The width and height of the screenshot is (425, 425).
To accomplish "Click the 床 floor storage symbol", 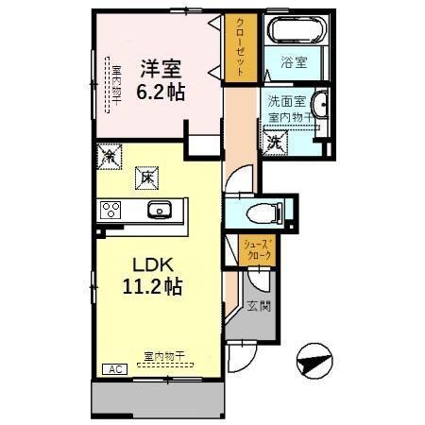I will pos(147,176).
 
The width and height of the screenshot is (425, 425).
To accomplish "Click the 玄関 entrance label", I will pos(259,307).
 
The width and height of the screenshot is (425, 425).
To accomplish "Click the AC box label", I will pos(111,369).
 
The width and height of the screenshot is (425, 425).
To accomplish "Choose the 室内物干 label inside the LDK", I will pos(163,357).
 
